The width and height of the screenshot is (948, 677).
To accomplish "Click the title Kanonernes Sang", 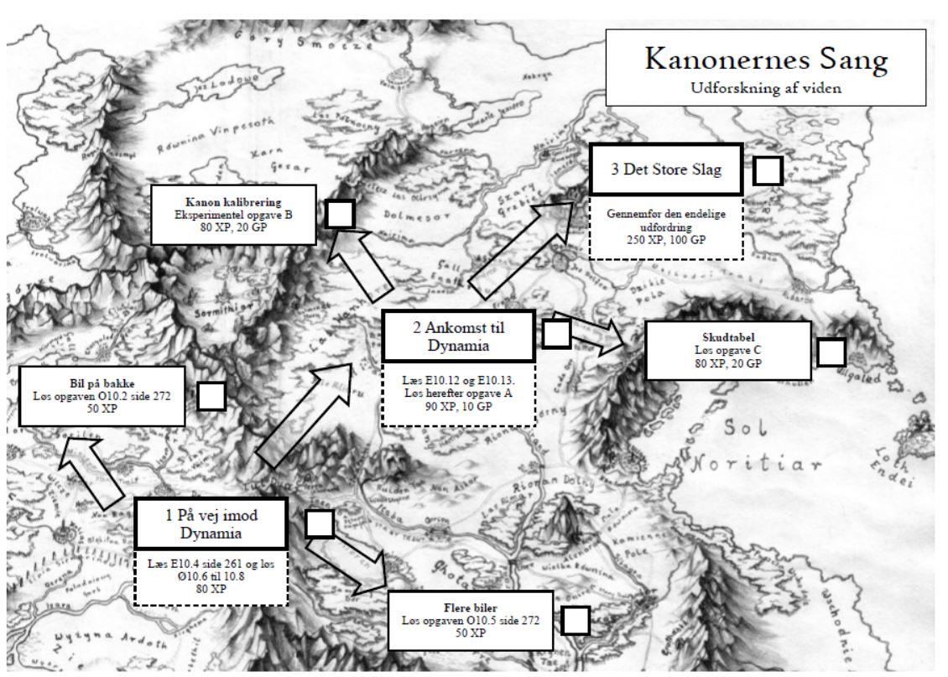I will pos(765,60).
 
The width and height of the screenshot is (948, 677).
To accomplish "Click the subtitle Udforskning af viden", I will pos(765,87).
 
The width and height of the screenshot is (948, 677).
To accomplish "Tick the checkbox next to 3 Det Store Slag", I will pos(768,170).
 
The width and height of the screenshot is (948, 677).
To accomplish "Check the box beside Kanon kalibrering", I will pos(339,214).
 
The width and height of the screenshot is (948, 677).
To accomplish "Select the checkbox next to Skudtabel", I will pos(831,352).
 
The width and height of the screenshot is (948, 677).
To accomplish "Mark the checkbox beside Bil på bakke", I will pos(211,396).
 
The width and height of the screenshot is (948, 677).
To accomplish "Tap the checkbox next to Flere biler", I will pos(575,621).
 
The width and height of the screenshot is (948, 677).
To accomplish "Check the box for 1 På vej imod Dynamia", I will pos(319,524).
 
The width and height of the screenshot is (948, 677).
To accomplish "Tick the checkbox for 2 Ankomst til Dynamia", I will pos(556,333).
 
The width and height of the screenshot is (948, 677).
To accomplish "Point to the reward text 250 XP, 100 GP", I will pos(666,239).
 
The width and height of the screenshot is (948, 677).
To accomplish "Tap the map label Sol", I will pos(747,430).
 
